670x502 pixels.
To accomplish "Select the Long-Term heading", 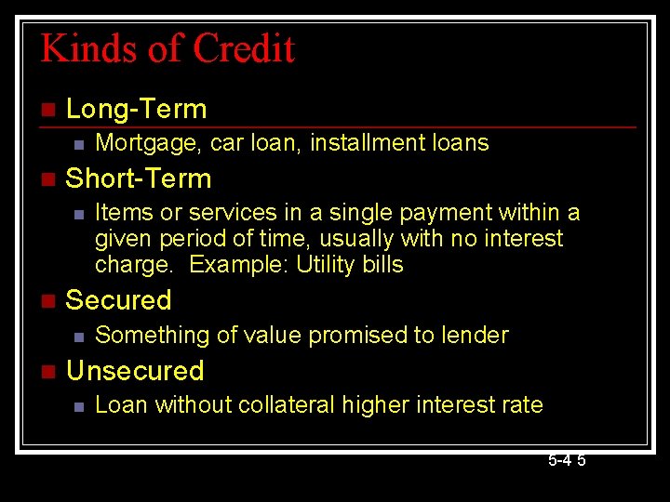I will (137, 109).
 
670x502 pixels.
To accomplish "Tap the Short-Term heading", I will (139, 178).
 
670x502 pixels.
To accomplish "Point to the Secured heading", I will (119, 300).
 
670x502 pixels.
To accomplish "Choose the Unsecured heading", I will (135, 371).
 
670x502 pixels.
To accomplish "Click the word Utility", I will (328, 265).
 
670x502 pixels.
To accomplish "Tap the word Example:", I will (239, 265).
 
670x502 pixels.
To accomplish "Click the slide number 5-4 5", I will (566, 460).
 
